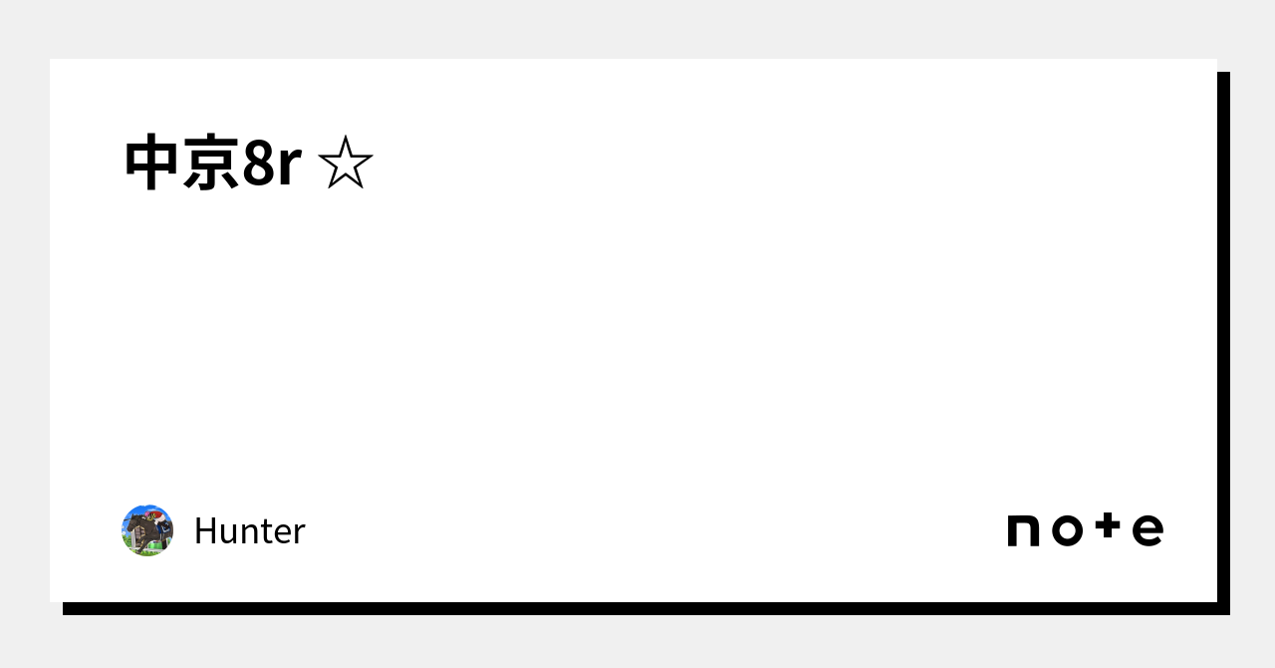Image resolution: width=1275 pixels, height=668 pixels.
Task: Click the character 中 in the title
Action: click(x=152, y=163)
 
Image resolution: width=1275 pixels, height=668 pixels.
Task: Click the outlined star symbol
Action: click(x=345, y=163)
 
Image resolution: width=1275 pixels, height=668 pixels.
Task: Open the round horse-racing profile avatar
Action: click(x=147, y=530)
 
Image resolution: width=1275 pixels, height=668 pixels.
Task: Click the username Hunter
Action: click(x=249, y=531)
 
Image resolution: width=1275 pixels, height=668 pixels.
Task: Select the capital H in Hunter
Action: click(x=204, y=531)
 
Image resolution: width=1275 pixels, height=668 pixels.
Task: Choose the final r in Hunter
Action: click(x=299, y=535)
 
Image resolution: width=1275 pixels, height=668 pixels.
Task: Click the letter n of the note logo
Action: click(x=1023, y=530)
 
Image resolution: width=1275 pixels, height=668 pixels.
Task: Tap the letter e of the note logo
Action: click(x=1148, y=530)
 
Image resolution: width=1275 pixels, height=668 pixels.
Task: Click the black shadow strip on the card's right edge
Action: click(x=1223, y=339)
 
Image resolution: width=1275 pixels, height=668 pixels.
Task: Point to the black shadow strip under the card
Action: click(x=637, y=608)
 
